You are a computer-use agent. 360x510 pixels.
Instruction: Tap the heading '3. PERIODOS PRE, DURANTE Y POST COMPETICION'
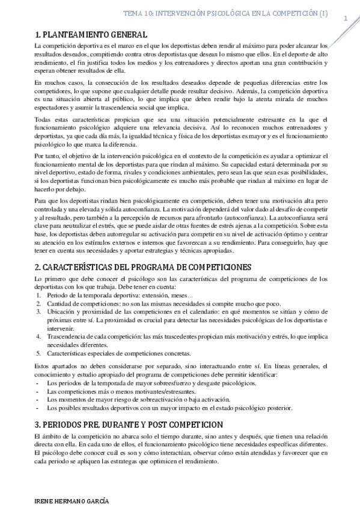[121, 423]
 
